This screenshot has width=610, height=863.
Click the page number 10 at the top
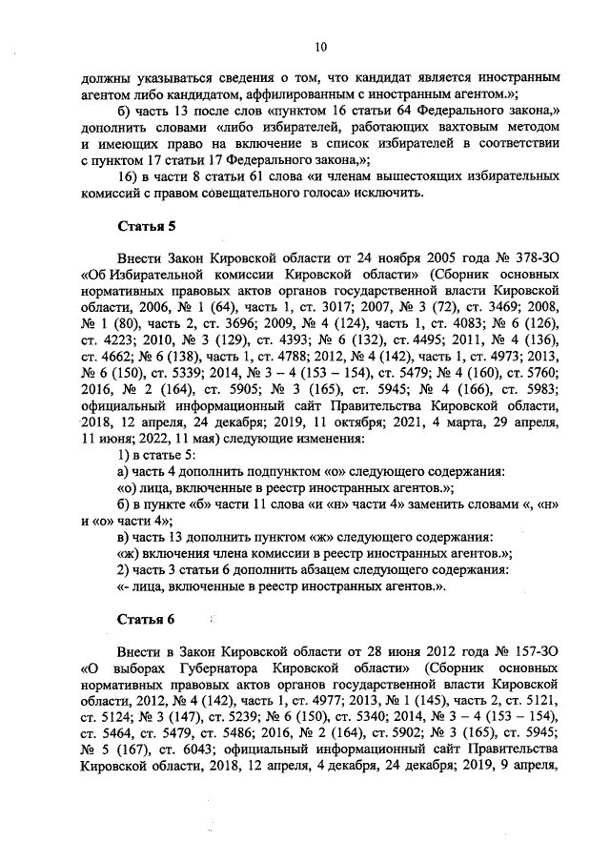(319, 45)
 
